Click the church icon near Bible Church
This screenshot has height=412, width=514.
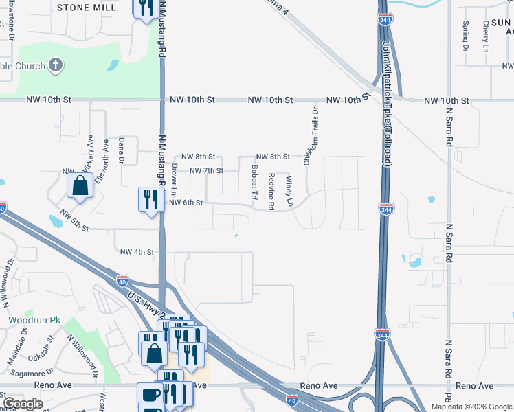pyautogui.click(x=56, y=66)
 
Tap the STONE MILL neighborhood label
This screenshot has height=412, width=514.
pyautogui.click(x=85, y=7)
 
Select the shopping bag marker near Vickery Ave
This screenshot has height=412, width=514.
pyautogui.click(x=80, y=186)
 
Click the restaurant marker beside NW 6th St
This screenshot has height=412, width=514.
pyautogui.click(x=150, y=200)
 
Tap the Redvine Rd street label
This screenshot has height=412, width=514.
pyautogui.click(x=272, y=191)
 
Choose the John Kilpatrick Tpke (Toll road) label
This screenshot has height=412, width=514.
pyautogui.click(x=387, y=103)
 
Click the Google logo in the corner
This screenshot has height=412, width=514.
pyautogui.click(x=23, y=404)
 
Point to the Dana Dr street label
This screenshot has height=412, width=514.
pyautogui.click(x=121, y=150)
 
